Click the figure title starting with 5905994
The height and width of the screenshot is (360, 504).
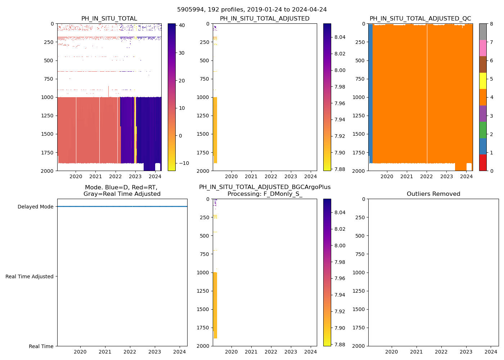[x=252, y=10]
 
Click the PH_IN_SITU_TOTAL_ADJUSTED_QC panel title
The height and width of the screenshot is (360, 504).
[x=420, y=19]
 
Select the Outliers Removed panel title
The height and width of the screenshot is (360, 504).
[x=433, y=194]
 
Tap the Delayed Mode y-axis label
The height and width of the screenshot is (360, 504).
[x=35, y=207]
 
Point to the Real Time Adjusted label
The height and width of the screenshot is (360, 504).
[x=29, y=276]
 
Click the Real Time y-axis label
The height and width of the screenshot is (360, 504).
[x=41, y=346]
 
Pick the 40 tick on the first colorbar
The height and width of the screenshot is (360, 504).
[x=181, y=25]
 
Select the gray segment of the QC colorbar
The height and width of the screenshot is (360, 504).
[x=483, y=32]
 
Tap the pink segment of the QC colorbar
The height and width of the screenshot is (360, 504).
[x=483, y=48]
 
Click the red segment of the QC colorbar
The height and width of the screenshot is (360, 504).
[x=483, y=162]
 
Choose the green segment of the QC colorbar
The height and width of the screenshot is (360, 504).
[x=483, y=130]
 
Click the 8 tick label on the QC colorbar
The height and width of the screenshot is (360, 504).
[x=491, y=24]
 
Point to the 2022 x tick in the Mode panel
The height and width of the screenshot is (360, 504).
[x=130, y=352]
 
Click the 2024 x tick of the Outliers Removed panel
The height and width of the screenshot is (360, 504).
[x=491, y=352]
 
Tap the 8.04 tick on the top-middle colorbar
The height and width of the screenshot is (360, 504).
[x=340, y=37]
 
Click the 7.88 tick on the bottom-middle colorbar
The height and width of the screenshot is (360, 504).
[x=340, y=345]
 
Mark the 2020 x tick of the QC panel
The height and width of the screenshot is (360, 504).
[x=387, y=176]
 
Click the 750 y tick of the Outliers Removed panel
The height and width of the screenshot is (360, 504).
[x=360, y=254]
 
